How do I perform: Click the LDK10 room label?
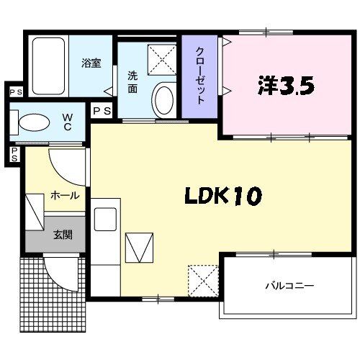click(222, 196)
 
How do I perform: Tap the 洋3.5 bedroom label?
click(286, 87)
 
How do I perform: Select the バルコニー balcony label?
click(289, 286)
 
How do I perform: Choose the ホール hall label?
click(64, 195)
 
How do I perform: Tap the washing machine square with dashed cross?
click(162, 60)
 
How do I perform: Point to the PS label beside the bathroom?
click(15, 92)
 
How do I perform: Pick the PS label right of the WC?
click(102, 111)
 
